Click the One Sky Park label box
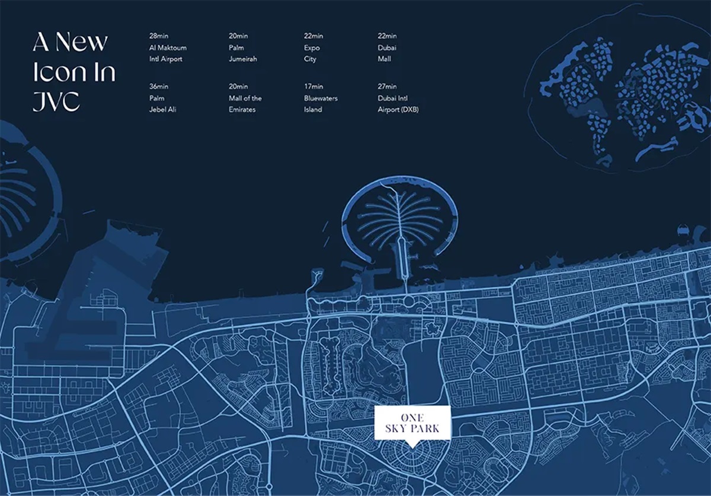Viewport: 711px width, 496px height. tap(413, 423)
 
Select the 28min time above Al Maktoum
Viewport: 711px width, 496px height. tap(158, 36)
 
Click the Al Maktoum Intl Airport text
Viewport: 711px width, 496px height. tap(168, 53)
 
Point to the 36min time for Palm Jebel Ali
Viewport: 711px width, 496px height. tap(158, 87)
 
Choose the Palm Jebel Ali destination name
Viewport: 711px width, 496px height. tap(164, 104)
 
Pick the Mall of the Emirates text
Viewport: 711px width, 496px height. tap(245, 104)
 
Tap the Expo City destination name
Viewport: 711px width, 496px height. tap(312, 53)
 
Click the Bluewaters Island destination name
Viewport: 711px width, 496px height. tap(321, 104)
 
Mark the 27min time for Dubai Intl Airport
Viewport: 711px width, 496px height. tap(387, 87)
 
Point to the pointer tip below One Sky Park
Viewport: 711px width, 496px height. tap(413, 446)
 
